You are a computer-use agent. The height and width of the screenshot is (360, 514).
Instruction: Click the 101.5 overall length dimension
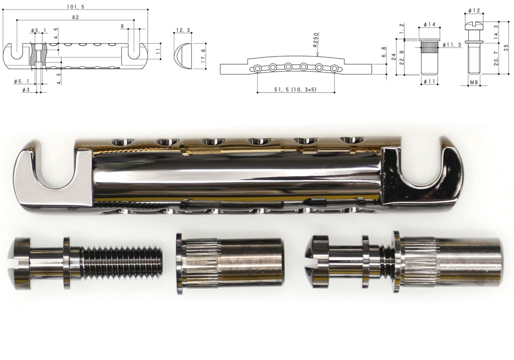[x=75, y=7]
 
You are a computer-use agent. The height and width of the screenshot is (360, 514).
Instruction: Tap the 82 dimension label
[x=75, y=17]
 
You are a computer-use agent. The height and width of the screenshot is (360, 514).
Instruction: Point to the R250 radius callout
[x=316, y=40]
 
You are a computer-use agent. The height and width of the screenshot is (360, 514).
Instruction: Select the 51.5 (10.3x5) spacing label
[x=295, y=89]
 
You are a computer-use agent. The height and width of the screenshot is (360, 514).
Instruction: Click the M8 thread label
[x=474, y=82]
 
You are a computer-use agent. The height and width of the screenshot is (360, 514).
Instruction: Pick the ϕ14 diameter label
[x=429, y=24]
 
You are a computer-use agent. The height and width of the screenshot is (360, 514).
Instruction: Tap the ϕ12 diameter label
[x=474, y=10]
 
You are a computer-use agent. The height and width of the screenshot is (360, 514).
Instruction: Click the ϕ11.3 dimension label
[x=451, y=45]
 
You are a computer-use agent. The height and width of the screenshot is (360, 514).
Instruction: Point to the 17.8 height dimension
[x=203, y=56]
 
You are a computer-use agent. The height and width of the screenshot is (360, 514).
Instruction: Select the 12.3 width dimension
[x=183, y=30]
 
